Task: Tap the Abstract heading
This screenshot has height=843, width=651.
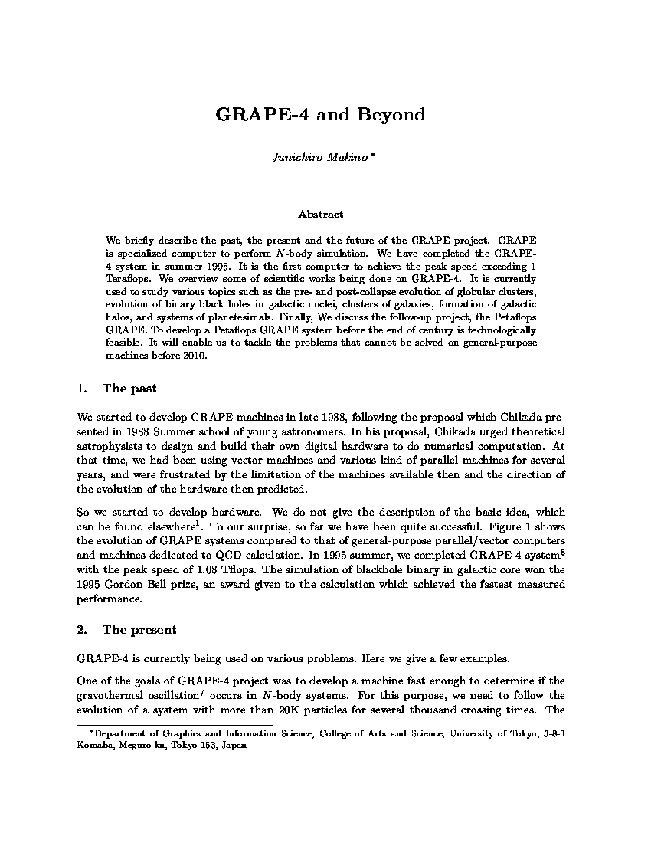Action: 320,215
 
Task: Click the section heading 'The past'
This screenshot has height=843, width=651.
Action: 129,389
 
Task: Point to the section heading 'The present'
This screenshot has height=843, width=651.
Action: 139,630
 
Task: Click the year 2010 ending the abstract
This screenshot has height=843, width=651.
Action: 195,356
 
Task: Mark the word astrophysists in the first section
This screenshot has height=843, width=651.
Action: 110,445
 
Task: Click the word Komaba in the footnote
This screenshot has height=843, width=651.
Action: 94,743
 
